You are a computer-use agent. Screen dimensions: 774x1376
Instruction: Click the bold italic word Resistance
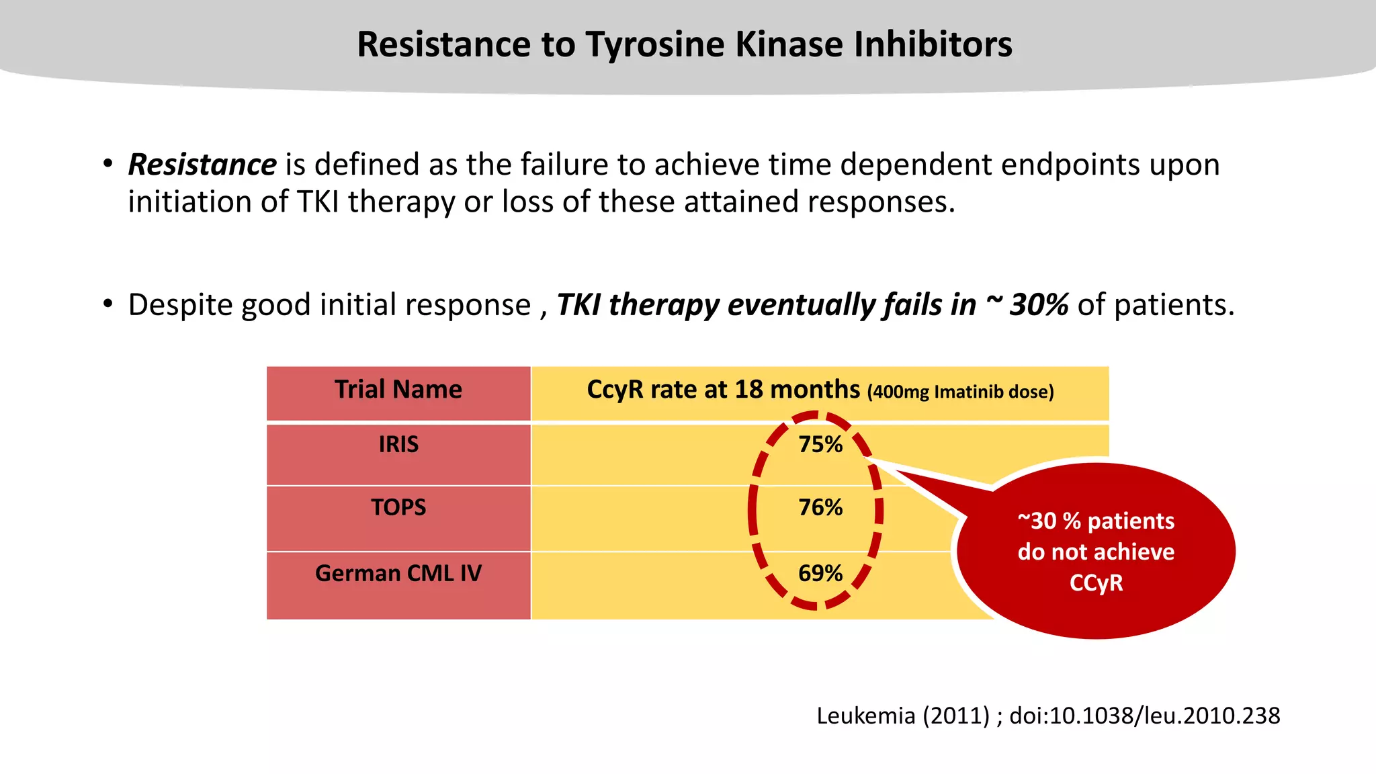202,165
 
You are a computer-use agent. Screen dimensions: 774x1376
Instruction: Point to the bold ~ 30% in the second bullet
1027,305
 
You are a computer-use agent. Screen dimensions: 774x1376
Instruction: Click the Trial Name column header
398,390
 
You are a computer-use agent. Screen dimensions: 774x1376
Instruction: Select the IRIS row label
398,445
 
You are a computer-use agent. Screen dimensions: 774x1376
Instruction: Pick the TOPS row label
398,507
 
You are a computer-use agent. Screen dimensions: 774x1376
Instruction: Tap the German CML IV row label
398,573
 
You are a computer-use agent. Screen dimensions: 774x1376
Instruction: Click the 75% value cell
820,445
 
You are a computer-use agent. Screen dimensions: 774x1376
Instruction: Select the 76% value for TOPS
820,507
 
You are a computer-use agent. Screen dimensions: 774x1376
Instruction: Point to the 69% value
820,573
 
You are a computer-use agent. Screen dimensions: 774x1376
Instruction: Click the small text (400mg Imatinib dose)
961,392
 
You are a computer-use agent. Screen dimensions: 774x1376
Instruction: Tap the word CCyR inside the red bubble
1096,583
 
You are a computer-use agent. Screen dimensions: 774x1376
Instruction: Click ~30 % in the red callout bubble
1049,521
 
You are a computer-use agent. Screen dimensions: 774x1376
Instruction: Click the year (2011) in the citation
956,716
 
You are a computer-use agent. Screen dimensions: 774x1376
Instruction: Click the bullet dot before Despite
108,304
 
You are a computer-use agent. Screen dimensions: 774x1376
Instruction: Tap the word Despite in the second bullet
181,305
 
